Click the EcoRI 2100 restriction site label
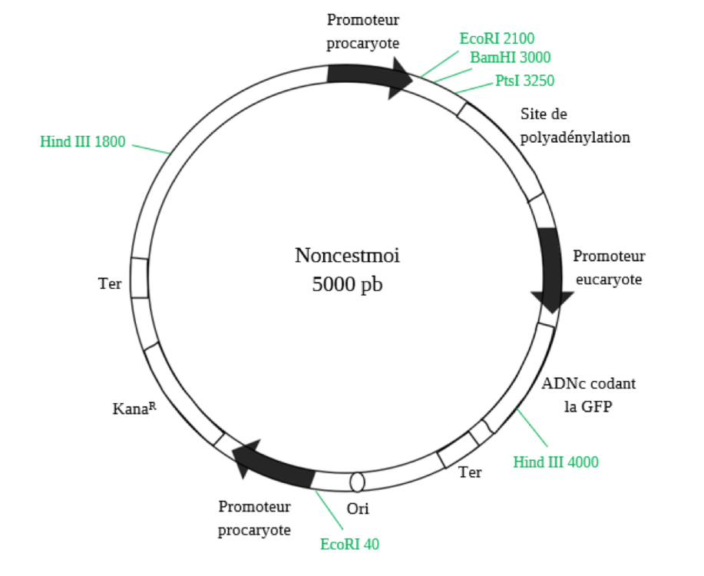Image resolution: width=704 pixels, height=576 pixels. tap(497, 38)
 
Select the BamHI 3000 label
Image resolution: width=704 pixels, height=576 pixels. tap(511, 58)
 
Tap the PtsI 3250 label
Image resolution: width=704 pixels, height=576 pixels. tap(525, 80)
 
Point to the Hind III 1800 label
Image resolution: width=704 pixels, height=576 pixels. tap(83, 142)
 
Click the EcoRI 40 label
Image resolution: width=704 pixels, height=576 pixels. tap(350, 544)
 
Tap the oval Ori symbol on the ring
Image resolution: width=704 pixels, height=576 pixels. tap(357, 482)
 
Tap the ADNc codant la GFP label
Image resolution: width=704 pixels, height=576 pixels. tap(589, 395)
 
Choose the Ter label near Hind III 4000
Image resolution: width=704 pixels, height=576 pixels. tap(470, 472)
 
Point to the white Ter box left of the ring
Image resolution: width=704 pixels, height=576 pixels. tap(140, 278)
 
